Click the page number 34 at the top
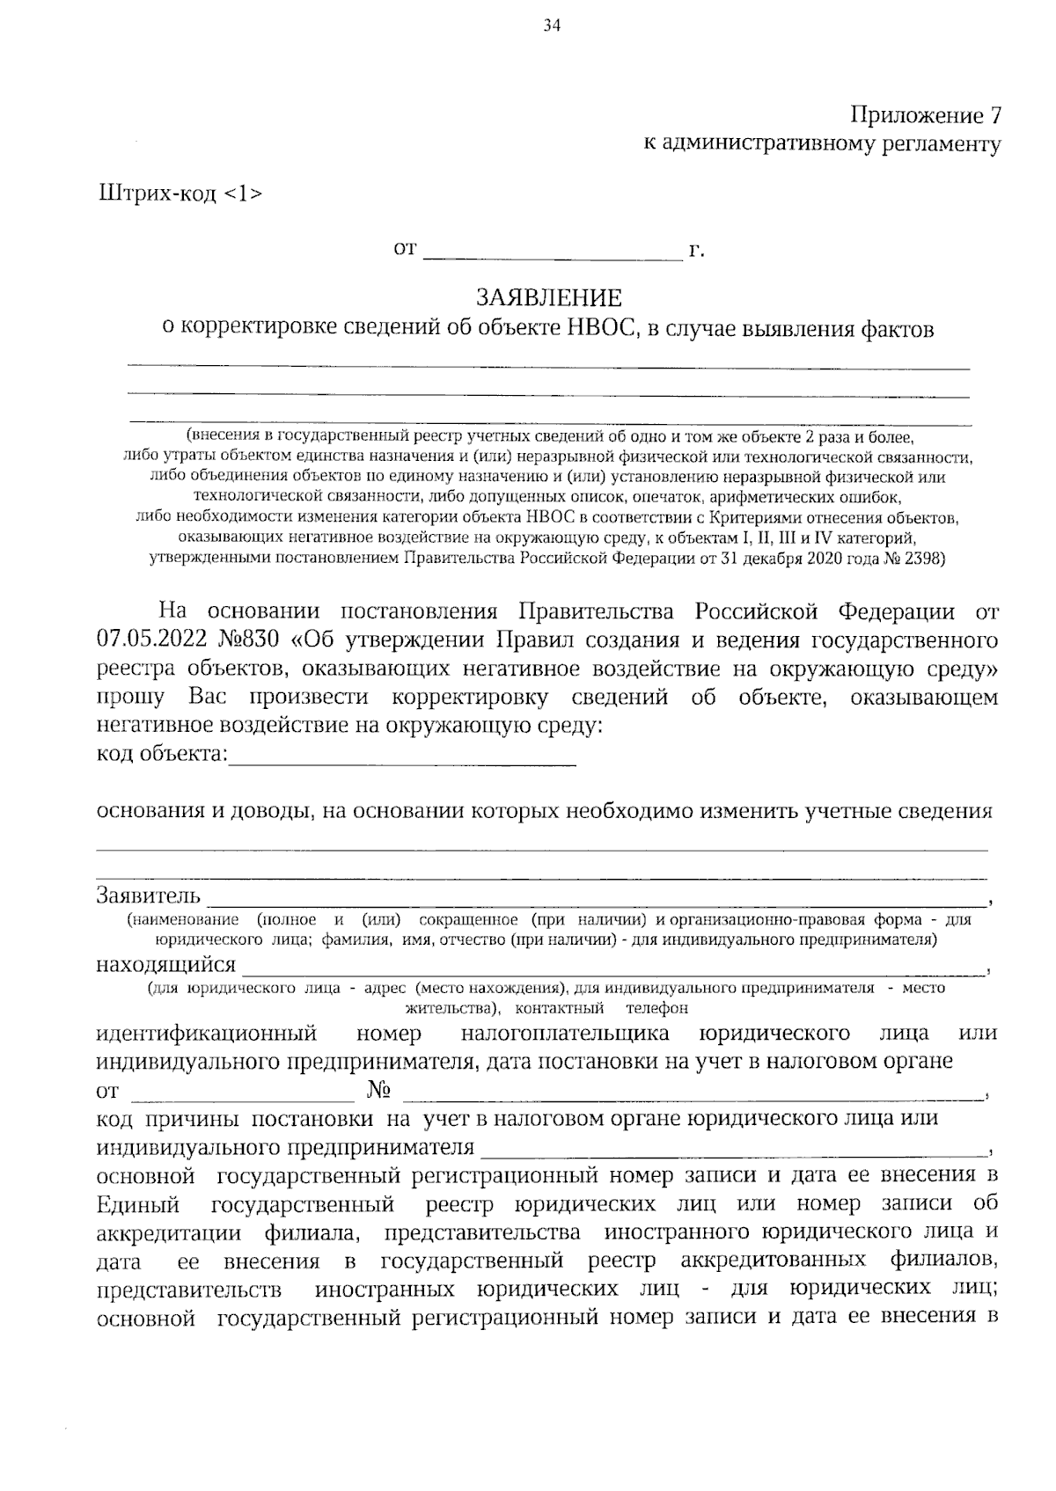coord(552,26)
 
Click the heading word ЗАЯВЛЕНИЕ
coord(549,297)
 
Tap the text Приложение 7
coord(925,116)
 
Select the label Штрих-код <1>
coord(180,194)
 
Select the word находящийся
coord(166,965)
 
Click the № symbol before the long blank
coord(378,1091)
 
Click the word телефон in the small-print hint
coord(657,1008)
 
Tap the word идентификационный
coord(206,1034)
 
